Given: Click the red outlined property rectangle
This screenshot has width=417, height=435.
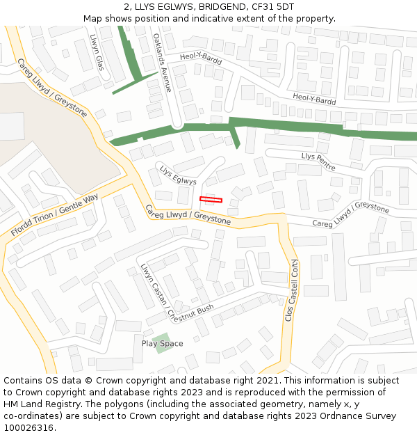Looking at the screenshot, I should point(211,200).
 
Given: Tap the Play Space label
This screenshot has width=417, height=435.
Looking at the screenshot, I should point(162,343).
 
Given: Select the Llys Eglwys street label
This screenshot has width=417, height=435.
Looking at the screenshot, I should point(178,175).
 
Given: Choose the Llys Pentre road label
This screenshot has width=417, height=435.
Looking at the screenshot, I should point(318,161).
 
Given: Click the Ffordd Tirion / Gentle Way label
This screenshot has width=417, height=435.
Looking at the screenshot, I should point(55,214).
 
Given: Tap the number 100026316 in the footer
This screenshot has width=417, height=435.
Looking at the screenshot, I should point(28,428).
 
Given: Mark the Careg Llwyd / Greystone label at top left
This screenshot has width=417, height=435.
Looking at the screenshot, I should point(52,87).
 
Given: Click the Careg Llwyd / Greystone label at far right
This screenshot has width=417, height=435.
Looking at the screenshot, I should point(350,216).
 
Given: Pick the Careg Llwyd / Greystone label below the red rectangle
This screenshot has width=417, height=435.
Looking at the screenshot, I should point(188,214).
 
